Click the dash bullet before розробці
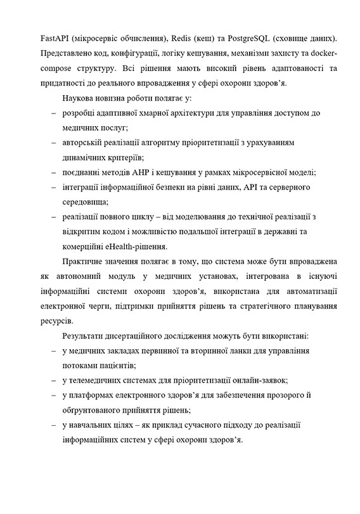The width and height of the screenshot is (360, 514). [x=53, y=113]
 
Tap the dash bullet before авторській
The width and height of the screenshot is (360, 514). [x=53, y=143]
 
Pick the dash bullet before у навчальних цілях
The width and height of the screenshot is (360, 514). [x=53, y=425]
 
